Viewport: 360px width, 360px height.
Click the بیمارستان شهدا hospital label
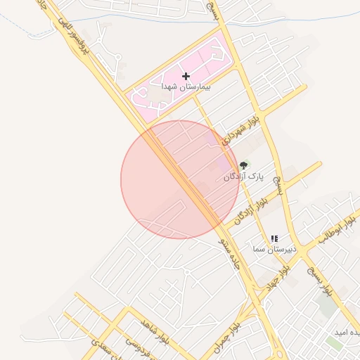(x=186, y=86)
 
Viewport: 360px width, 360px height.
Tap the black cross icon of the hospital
(x=186, y=75)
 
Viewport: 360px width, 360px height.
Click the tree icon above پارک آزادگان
(x=243, y=165)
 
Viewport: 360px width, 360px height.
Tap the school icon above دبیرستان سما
(x=274, y=239)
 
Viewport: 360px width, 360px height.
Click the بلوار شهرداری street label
(x=242, y=131)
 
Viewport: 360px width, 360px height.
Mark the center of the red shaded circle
(x=180, y=179)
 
